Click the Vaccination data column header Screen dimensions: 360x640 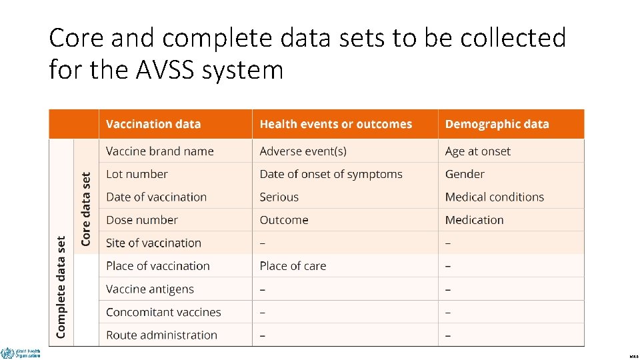pyautogui.click(x=153, y=124)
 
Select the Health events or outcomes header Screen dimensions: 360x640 pyautogui.click(x=335, y=124)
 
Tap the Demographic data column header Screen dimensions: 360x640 pyautogui.click(x=497, y=124)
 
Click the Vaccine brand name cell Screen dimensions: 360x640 pyautogui.click(x=160, y=151)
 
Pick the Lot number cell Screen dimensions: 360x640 pyautogui.click(x=137, y=174)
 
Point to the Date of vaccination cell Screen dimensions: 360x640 pyautogui.click(x=156, y=197)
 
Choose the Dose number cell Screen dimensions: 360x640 pyautogui.click(x=142, y=220)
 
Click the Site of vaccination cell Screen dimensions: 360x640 pyautogui.click(x=153, y=243)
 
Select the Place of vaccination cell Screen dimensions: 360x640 pyautogui.click(x=158, y=266)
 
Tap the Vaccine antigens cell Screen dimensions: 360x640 pyautogui.click(x=150, y=289)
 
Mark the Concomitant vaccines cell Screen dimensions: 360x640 pyautogui.click(x=163, y=312)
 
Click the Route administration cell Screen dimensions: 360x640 pyautogui.click(x=161, y=335)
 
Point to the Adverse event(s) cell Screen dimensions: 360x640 pyautogui.click(x=303, y=151)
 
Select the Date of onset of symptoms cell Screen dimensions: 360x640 pyautogui.click(x=331, y=174)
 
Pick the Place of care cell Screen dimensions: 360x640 pyautogui.click(x=293, y=266)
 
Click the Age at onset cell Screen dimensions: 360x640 pyautogui.click(x=478, y=151)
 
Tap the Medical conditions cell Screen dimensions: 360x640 pyautogui.click(x=495, y=197)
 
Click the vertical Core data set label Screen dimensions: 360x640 pyautogui.click(x=85, y=209)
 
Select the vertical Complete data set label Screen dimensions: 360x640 pyautogui.click(x=61, y=287)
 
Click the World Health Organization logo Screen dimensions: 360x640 pyautogui.click(x=21, y=353)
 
